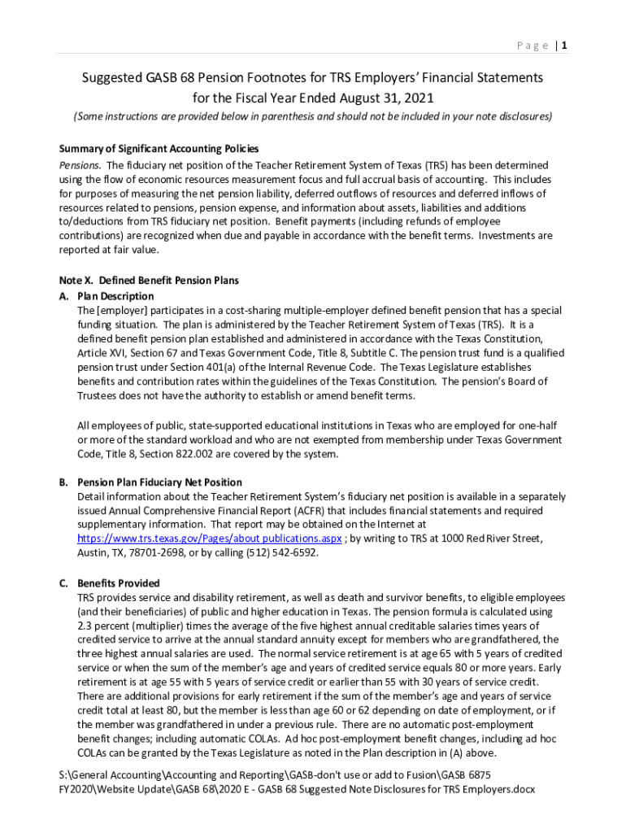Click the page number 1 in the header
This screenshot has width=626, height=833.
coord(563,46)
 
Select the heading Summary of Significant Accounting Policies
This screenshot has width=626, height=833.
coord(159,149)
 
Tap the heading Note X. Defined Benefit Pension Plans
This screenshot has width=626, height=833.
coord(150,281)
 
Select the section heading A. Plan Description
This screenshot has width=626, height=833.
coord(107,296)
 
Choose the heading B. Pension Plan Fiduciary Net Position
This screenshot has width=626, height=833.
coord(159,482)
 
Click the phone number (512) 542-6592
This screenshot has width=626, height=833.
coord(286,553)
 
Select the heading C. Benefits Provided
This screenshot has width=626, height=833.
coord(119,583)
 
